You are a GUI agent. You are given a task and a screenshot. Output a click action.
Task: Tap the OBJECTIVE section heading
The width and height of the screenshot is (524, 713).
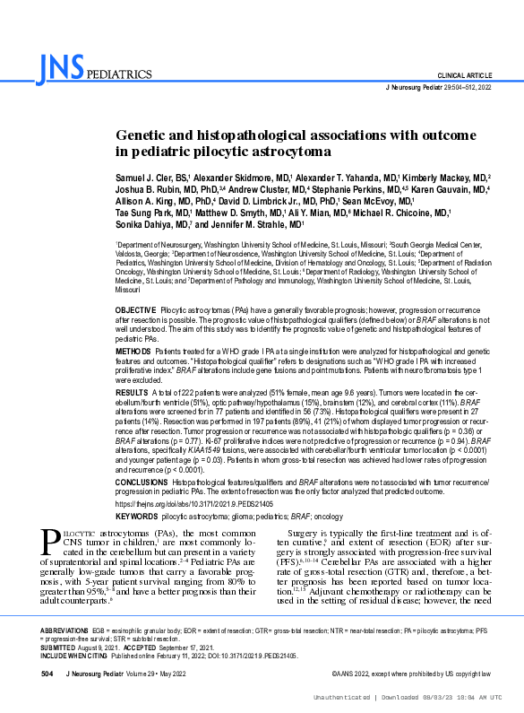136,309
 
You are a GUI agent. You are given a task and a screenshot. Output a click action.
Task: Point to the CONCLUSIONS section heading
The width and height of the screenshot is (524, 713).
142,482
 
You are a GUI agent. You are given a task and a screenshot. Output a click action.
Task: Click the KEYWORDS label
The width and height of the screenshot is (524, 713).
137,517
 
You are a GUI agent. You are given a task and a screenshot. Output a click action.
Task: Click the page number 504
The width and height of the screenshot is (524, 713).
48,672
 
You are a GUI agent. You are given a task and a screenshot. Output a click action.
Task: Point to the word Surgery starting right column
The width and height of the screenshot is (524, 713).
293,533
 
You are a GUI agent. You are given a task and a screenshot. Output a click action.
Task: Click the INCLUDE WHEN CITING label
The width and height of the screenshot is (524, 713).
74,655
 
